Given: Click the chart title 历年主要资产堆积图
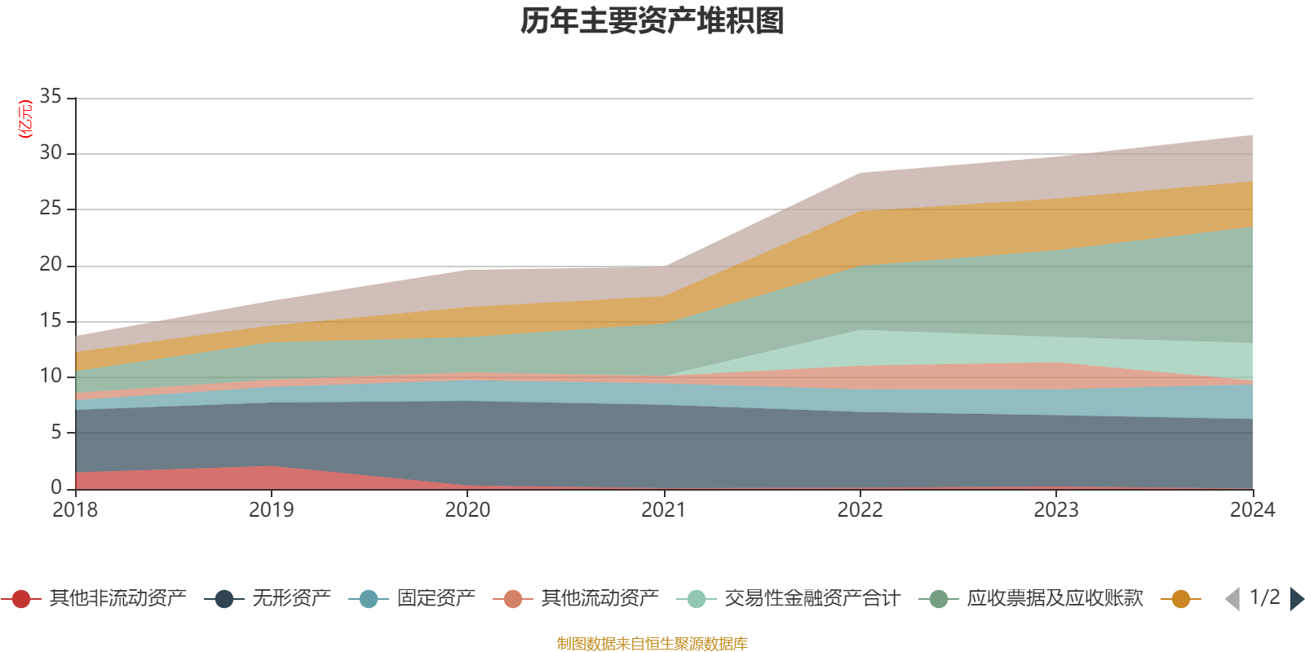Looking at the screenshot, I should tap(652, 22).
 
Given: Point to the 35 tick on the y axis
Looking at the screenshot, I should tap(51, 97).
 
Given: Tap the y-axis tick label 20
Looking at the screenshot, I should tap(51, 265).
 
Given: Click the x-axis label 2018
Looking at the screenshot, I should tap(75, 510).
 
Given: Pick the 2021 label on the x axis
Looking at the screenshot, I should tap(663, 510).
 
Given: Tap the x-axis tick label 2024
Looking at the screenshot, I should tap(1252, 510).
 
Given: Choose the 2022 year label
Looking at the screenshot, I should tap(860, 510).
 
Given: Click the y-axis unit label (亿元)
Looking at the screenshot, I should tap(25, 119).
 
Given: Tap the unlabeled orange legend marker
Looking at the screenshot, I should tap(1180, 599).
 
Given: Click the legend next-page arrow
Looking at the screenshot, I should tap(1297, 599).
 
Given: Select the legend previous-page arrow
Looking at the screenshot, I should tap(1232, 599).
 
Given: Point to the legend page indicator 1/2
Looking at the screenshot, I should tap(1264, 597).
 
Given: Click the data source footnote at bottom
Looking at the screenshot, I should tap(652, 644).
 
